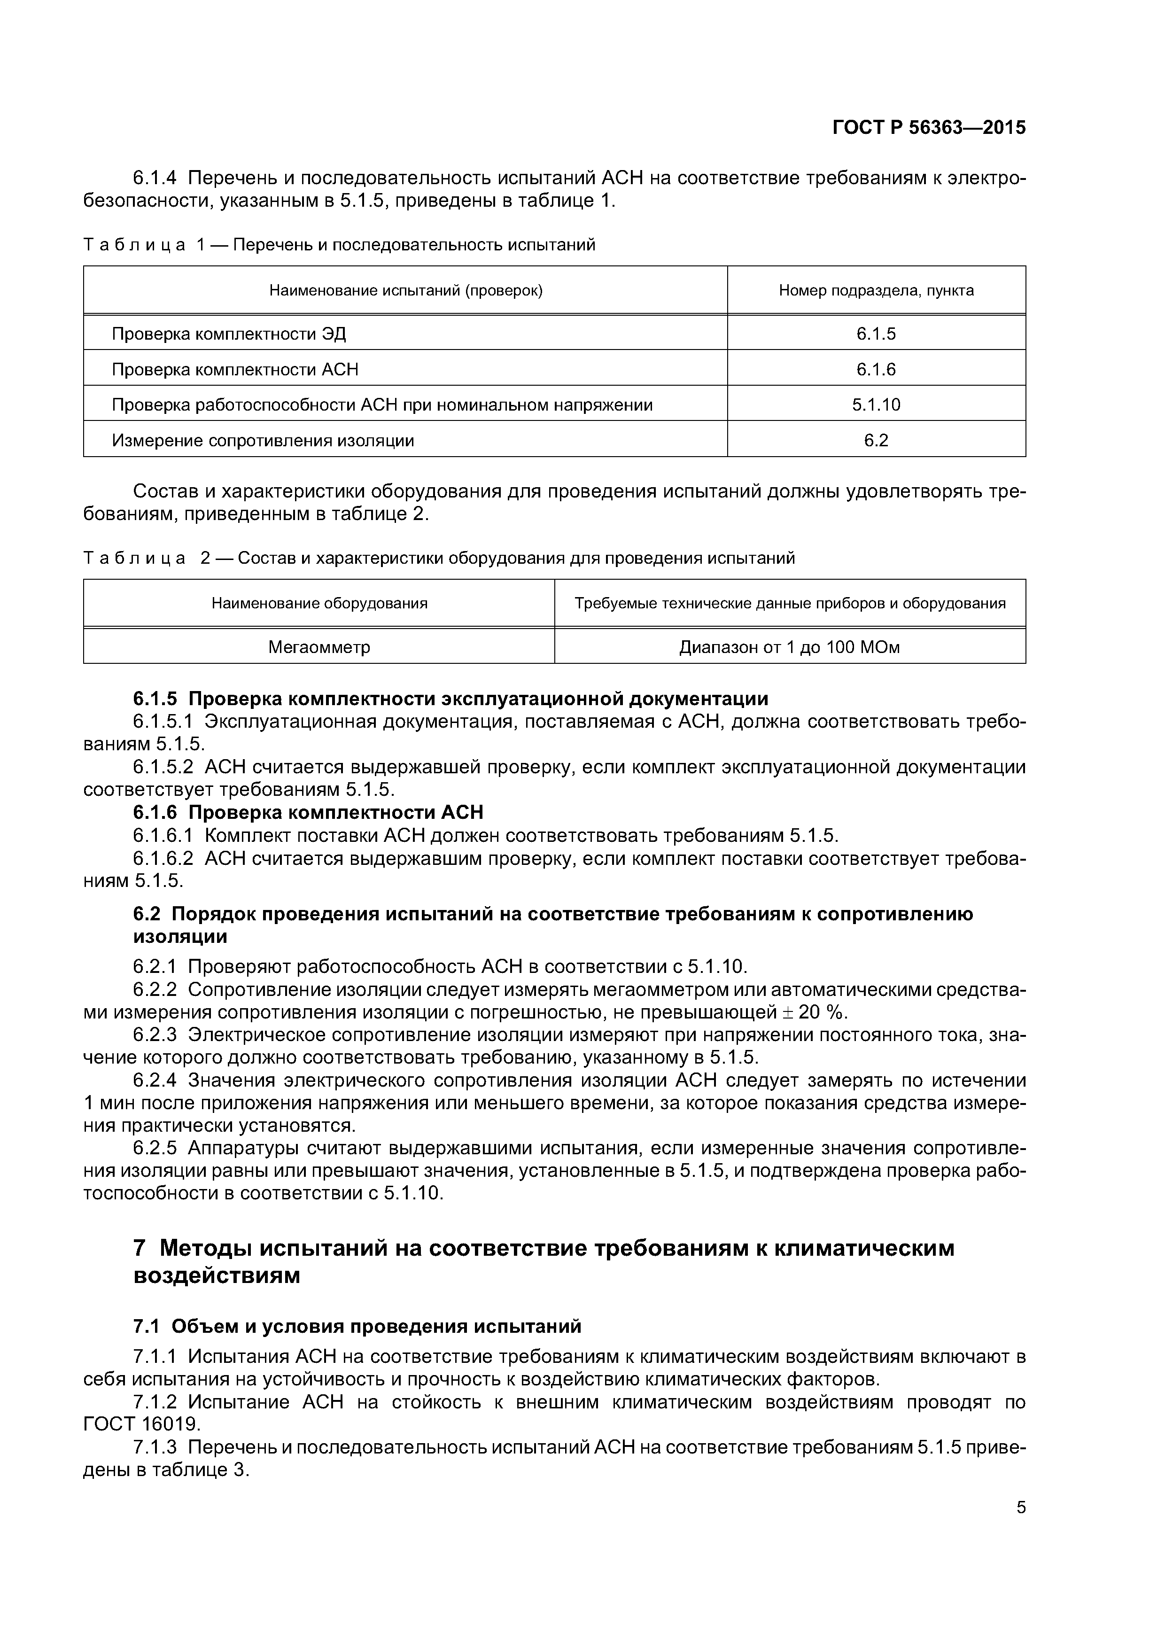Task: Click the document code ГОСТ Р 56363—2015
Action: coord(929,128)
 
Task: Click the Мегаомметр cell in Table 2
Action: coord(319,647)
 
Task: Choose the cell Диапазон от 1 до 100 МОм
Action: coord(790,647)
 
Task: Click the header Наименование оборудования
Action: coord(319,604)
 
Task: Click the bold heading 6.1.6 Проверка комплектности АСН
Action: coord(308,813)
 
